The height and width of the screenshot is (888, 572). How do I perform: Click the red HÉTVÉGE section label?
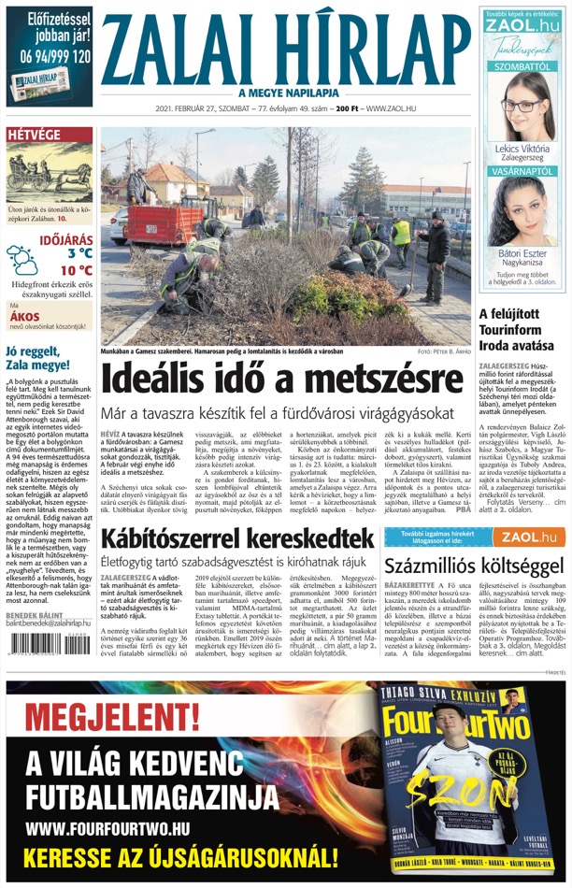pyautogui.click(x=35, y=135)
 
